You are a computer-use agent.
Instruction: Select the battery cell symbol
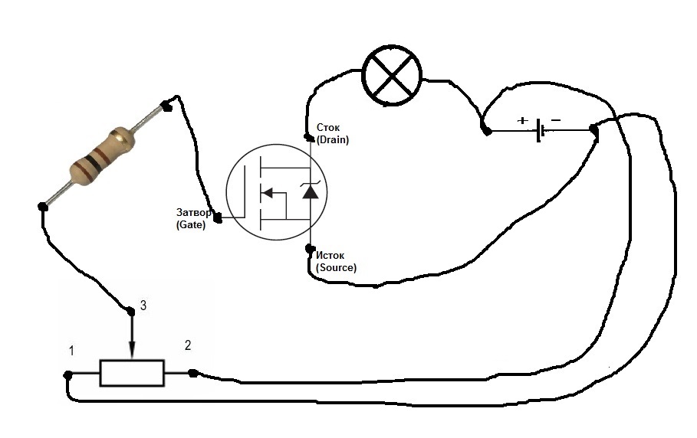coord(540,130)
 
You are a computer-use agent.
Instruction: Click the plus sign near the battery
coord(523,120)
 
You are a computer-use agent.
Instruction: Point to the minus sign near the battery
coord(556,119)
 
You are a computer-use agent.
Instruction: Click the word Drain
coord(333,140)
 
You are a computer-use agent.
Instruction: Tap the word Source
coord(336,267)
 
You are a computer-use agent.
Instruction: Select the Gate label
coord(191,224)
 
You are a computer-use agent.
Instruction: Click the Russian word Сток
coord(328,128)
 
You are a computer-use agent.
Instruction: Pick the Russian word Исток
coord(330,256)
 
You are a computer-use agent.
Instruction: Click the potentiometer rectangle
coord(132,373)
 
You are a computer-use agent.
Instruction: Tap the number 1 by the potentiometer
coord(71,351)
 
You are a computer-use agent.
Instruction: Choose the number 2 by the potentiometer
coord(188,345)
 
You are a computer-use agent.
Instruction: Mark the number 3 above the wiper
coord(143,306)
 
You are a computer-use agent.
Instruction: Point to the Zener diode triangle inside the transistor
coord(310,191)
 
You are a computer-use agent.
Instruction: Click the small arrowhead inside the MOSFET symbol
coord(267,193)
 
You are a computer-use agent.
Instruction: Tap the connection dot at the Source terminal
coord(310,249)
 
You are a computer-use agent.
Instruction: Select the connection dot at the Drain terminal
coord(307,136)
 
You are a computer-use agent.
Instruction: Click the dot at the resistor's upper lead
coord(166,106)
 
